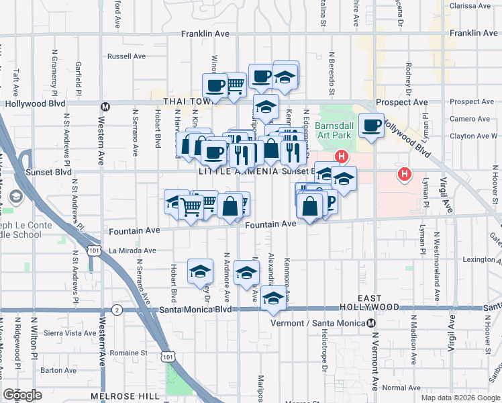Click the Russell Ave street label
[x=126, y=56]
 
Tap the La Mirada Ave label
[x=132, y=251]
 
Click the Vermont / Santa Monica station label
[x=323, y=323]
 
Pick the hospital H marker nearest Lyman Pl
[x=405, y=175]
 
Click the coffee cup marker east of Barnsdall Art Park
[x=371, y=125]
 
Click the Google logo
[x=22, y=395]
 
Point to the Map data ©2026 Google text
[x=460, y=398]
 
